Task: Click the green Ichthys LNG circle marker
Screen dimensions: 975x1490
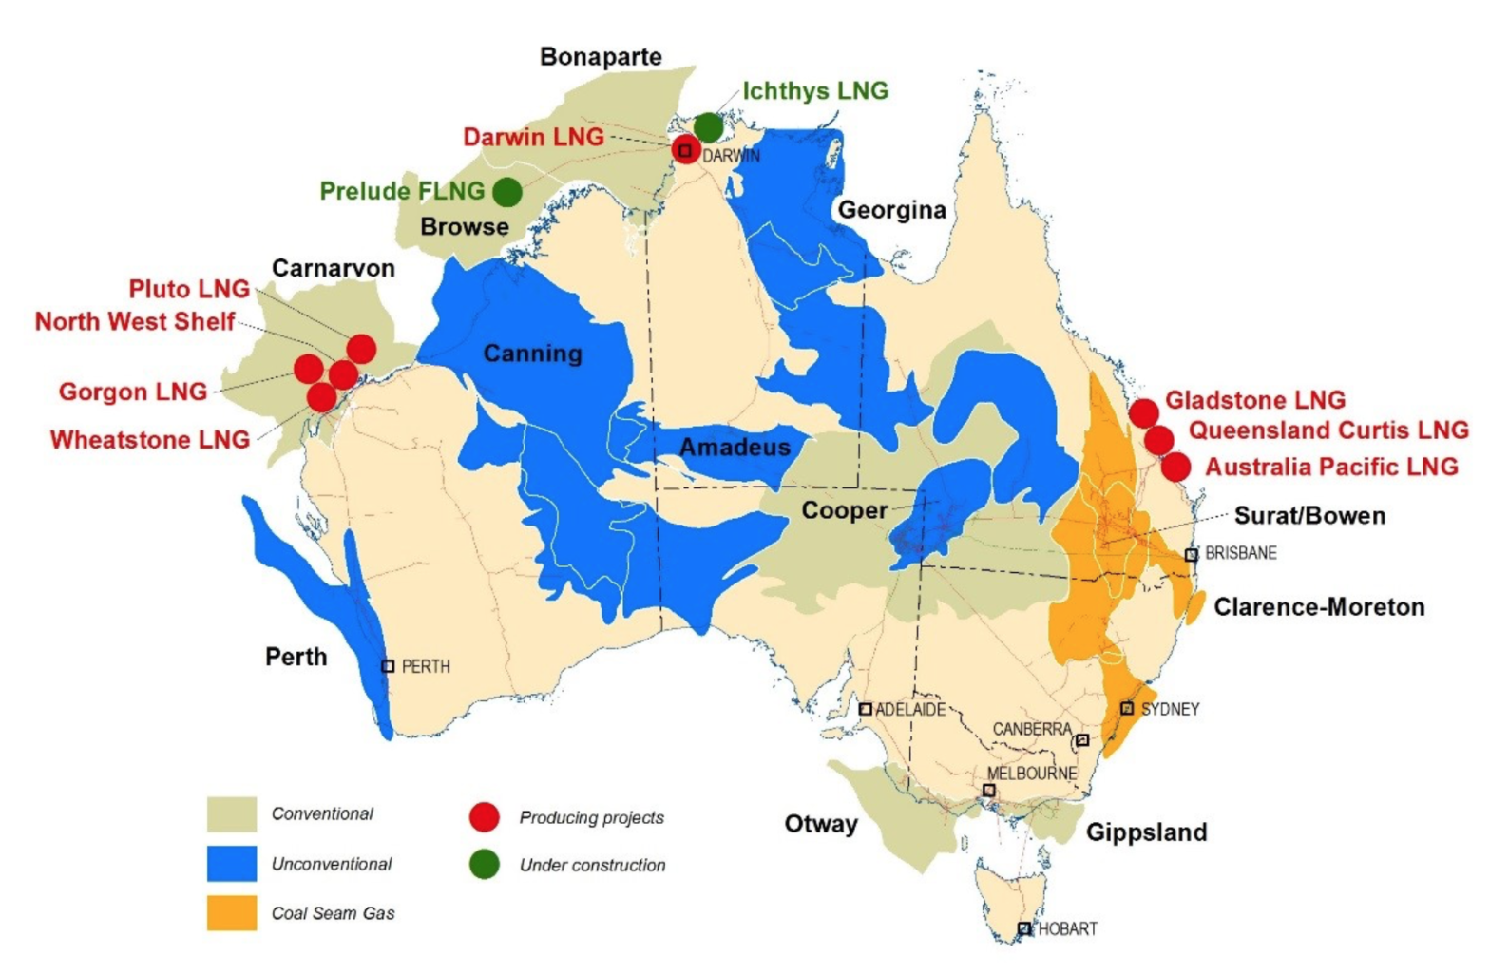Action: [708, 126]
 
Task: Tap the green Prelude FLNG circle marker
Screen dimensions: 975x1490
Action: [507, 192]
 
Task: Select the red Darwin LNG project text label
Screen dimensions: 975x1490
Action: [533, 137]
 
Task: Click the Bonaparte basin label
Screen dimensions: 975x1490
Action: [601, 57]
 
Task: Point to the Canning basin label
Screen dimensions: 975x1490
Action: [532, 354]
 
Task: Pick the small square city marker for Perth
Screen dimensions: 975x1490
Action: [388, 666]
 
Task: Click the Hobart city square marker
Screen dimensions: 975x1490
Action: [1024, 928]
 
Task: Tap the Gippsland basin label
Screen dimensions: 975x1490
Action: [1146, 832]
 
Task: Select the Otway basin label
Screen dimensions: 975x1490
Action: [821, 824]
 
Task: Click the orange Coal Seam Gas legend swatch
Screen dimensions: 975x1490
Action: [232, 913]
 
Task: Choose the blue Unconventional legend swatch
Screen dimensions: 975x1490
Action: [232, 864]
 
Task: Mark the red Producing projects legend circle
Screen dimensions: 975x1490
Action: [485, 817]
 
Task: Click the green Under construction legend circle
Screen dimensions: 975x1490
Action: [485, 865]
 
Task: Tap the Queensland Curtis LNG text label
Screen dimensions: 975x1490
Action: [1328, 430]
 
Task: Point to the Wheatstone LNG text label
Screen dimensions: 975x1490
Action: [150, 440]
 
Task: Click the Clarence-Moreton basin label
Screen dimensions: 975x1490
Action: [1319, 607]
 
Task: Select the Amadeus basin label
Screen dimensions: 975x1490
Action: [735, 448]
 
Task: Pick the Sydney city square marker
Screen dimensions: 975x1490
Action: [1127, 708]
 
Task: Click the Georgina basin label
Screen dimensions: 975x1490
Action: [891, 210]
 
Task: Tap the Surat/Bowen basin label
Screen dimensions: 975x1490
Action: [1309, 516]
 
